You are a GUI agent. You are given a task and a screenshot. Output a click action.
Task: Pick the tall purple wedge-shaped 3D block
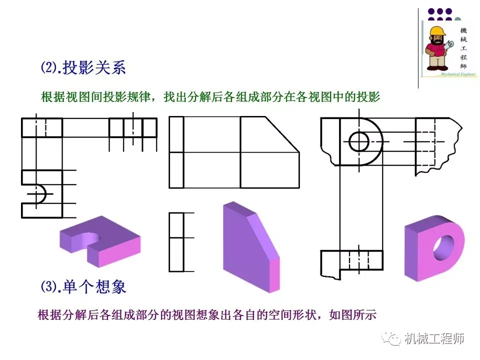250,247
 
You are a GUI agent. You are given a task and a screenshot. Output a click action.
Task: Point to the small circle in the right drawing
359,141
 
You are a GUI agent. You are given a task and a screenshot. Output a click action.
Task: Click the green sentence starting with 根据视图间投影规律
210,97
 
